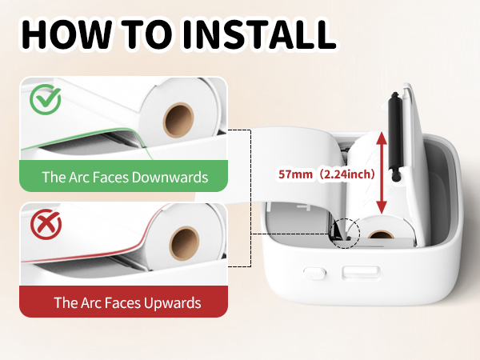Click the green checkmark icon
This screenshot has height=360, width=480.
coord(46,102)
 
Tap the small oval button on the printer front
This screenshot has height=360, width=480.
coord(314,272)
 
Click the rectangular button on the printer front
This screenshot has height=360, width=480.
coord(354,274)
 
